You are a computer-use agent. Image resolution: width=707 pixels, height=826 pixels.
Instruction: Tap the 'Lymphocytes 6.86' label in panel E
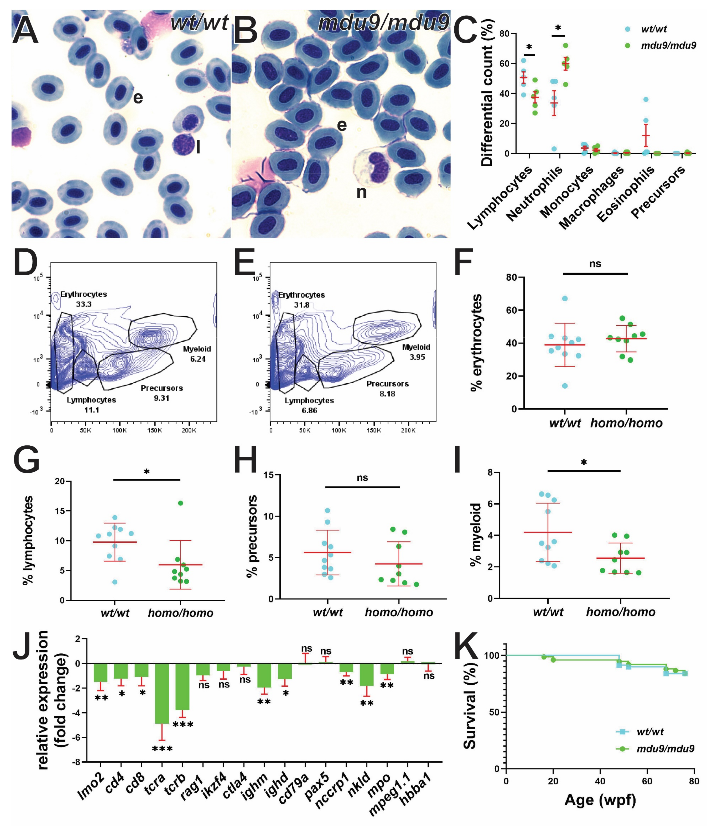309,405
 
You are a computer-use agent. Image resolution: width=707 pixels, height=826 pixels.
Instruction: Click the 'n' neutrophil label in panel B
361,193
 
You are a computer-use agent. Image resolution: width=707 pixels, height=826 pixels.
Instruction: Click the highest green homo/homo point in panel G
180,503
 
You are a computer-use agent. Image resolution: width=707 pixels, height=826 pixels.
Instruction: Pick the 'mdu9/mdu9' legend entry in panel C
668,46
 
